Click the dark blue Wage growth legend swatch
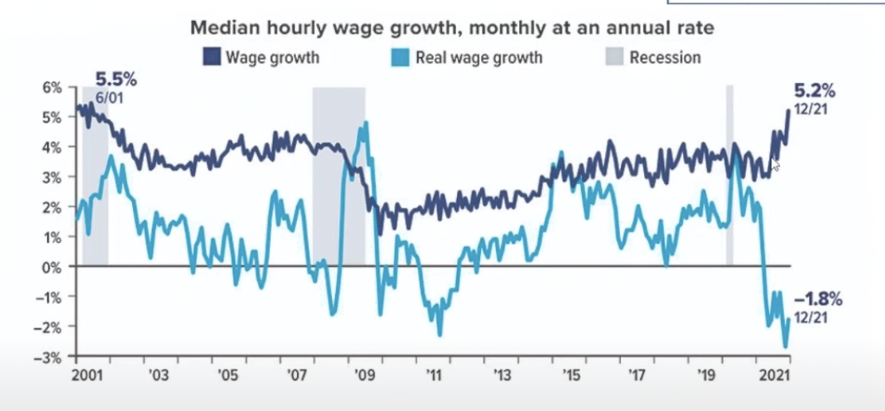click(213, 58)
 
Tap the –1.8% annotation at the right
click(819, 300)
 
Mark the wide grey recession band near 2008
click(338, 176)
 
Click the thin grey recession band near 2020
click(729, 176)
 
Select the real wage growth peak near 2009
click(366, 123)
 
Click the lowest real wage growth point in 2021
click(785, 346)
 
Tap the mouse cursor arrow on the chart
click(775, 165)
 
